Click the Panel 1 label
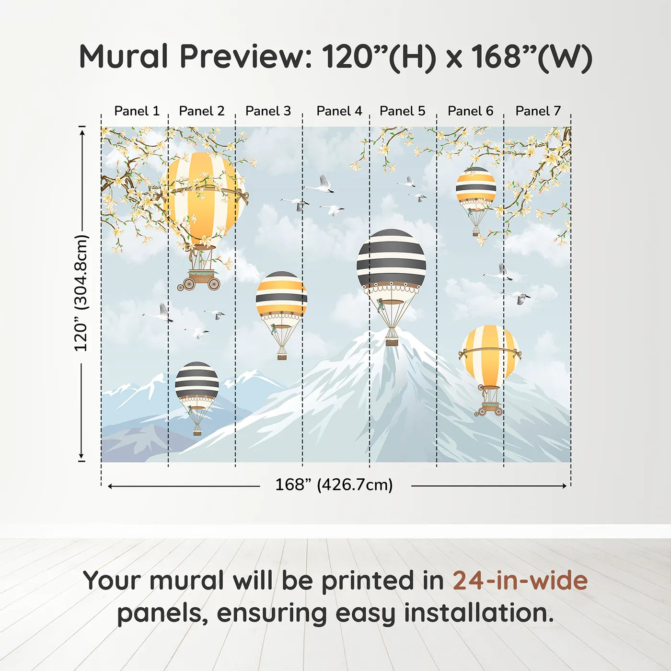(x=137, y=111)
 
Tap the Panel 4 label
(x=339, y=111)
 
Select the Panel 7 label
(x=538, y=111)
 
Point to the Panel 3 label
(x=268, y=111)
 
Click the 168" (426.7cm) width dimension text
(x=334, y=485)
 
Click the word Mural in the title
(x=124, y=57)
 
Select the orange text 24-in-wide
(x=520, y=581)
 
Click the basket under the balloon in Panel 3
(x=282, y=356)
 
